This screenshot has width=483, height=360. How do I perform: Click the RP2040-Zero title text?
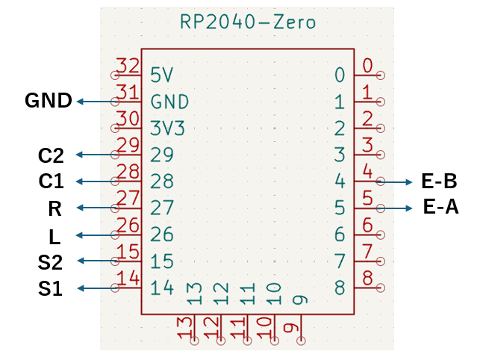[248, 22]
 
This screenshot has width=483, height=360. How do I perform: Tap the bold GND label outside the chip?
[49, 101]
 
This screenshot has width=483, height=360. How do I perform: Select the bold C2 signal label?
[51, 155]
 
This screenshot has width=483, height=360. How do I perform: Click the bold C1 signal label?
[51, 181]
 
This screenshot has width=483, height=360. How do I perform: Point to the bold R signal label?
[54, 208]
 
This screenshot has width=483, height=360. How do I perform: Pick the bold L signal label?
[54, 237]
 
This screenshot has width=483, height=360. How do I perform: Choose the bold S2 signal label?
[50, 262]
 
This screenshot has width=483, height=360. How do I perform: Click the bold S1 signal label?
[50, 288]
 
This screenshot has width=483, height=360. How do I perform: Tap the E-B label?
[439, 181]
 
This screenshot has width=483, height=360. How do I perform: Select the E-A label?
[440, 206]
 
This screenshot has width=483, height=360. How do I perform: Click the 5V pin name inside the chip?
[162, 75]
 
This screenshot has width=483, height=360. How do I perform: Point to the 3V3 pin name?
[167, 128]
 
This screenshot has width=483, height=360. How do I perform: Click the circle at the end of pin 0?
[381, 75]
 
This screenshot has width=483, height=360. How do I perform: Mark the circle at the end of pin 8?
[381, 288]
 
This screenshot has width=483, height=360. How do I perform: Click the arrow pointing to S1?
[97, 288]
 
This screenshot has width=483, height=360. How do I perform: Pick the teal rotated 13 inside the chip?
[195, 294]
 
